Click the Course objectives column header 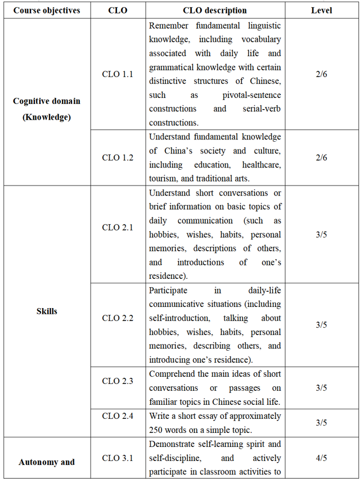point(47,10)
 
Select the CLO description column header point(214,10)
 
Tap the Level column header point(321,10)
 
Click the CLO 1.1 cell point(118,74)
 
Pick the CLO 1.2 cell point(118,157)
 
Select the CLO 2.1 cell point(118,228)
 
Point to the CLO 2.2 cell point(118,318)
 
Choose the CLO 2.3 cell point(118,381)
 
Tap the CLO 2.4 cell point(118,416)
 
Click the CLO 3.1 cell point(118,458)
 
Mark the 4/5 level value point(321,458)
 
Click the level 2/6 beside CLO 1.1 point(321,74)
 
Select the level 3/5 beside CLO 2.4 point(321,423)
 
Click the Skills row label point(47,311)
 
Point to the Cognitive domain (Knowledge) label point(47,109)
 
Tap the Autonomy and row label point(47,462)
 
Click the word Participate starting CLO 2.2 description point(168,291)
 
